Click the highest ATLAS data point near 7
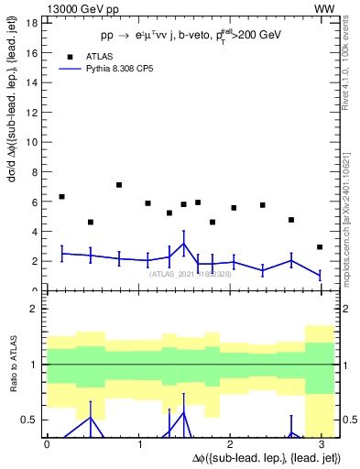[x=119, y=185]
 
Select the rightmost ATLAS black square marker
[x=319, y=247]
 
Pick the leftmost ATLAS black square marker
[x=61, y=197]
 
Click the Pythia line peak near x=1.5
[x=184, y=244]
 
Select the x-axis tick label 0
[x=47, y=443]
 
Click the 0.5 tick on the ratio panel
[x=29, y=420]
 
